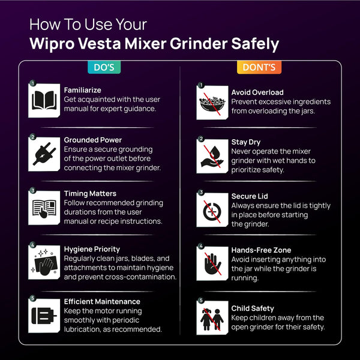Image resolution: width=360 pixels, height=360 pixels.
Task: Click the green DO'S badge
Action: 104,67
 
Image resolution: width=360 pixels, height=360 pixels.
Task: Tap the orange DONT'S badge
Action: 259,67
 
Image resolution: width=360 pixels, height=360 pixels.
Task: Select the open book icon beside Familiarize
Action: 44,101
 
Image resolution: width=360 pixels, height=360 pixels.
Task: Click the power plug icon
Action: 44,154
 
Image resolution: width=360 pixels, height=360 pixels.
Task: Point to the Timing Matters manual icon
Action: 44,208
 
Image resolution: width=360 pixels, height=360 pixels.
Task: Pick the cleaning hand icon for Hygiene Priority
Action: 44,262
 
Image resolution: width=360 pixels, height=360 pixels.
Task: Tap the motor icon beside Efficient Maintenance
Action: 44,316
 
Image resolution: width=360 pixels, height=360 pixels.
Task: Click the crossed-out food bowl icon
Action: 212,103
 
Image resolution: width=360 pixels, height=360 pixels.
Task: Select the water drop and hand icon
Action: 212,157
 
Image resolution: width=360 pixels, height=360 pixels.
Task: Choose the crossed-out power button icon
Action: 212,210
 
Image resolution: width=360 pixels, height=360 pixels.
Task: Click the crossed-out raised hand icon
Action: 212,263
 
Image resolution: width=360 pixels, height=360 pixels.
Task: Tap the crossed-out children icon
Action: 212,318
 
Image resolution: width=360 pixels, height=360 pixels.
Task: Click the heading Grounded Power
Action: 93,140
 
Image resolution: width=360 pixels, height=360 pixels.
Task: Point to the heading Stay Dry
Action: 245,142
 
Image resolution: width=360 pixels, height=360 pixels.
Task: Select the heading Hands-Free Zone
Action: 261,250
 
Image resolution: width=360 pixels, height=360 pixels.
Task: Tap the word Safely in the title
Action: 255,44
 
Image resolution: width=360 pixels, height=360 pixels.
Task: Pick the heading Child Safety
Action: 253,308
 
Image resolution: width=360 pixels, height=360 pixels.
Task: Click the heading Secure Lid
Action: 250,196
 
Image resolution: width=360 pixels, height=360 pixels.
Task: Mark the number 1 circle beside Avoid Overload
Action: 201,85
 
